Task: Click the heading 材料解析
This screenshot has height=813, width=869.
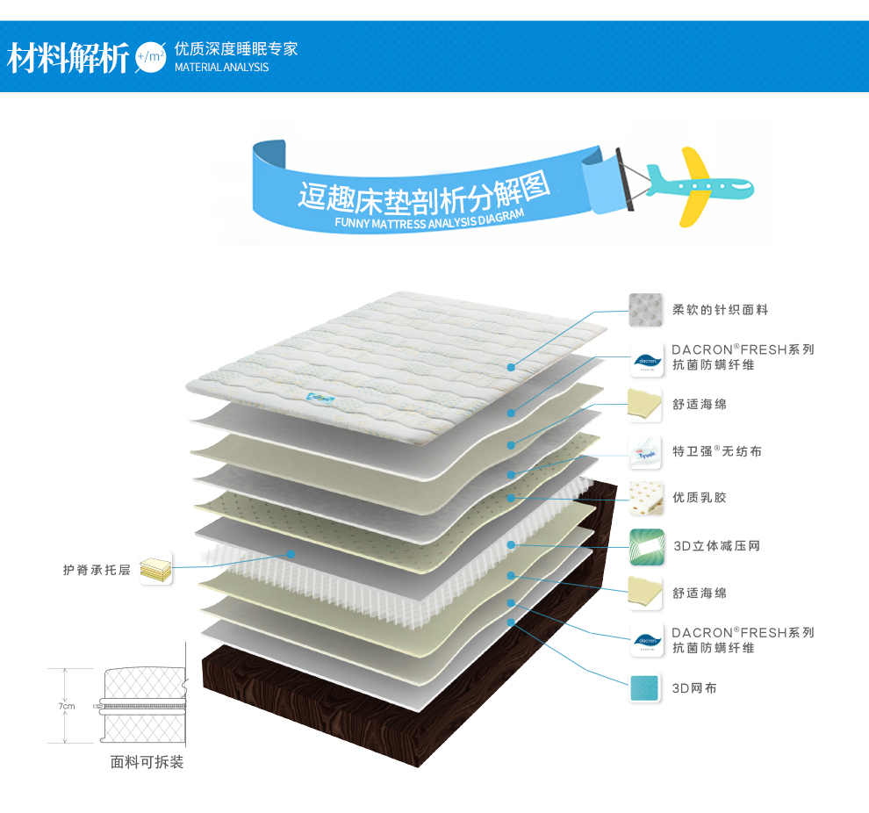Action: pos(68,58)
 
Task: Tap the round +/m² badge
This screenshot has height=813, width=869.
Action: pos(150,57)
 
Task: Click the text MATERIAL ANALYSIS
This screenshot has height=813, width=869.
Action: pos(221,68)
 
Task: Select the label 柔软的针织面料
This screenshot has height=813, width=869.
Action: pos(721,310)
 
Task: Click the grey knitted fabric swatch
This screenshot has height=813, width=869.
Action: pos(645,310)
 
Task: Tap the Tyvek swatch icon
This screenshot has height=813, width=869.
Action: pos(645,451)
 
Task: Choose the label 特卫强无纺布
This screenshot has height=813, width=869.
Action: pos(717,451)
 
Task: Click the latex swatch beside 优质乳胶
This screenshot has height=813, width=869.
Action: pos(645,498)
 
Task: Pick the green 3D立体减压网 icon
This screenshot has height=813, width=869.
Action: pos(645,546)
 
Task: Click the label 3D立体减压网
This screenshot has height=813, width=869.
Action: pos(716,546)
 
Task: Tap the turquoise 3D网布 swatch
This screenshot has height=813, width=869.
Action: pos(645,688)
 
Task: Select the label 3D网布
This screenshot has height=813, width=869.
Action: pos(694,688)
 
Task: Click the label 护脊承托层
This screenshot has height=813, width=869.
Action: pos(97,570)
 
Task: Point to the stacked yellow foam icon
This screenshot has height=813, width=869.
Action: pos(155,568)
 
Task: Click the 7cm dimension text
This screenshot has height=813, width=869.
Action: pos(67,706)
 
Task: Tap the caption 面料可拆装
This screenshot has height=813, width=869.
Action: pos(147,763)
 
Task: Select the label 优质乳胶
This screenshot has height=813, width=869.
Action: pos(700,498)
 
